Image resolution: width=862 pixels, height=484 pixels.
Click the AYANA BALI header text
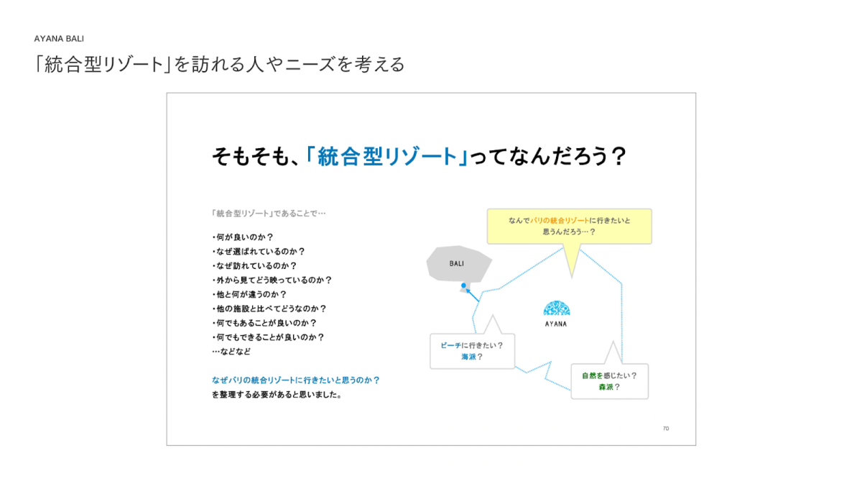point(59,39)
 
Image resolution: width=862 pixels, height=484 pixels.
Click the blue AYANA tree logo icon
point(557,309)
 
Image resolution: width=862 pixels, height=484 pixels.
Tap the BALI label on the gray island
point(456,264)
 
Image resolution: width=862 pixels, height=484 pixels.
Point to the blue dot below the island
point(464,286)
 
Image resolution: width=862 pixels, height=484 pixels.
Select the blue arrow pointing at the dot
point(473,295)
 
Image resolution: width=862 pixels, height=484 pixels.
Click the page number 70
point(666,429)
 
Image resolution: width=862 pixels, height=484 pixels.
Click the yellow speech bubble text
point(569,227)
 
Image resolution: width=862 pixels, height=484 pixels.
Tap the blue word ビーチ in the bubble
point(450,346)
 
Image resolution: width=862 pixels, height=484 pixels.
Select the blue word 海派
point(468,357)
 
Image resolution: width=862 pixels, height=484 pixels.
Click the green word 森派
point(606,387)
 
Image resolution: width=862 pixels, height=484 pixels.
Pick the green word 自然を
point(592,375)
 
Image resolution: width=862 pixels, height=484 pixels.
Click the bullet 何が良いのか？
point(243,237)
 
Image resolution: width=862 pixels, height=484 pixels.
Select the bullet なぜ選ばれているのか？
point(259,252)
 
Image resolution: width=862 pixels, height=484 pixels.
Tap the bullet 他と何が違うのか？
point(249,294)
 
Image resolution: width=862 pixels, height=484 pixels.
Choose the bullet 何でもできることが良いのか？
point(268,337)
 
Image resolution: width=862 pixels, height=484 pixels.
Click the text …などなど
point(231,352)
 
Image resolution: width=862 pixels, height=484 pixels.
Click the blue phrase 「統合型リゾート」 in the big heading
point(386,157)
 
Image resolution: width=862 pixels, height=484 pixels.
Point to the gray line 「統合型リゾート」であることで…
point(269,214)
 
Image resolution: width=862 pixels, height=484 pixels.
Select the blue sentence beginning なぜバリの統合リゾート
point(295,380)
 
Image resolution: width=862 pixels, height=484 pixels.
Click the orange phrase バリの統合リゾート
point(560,220)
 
